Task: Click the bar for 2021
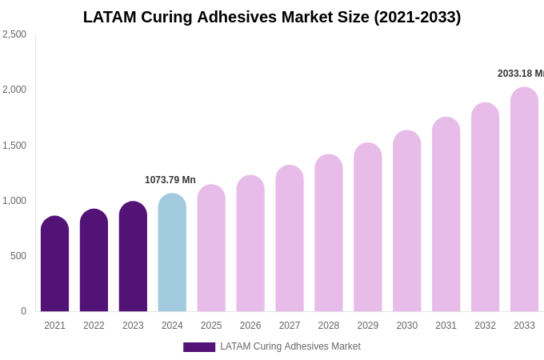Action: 54,264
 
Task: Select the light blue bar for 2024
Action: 172,253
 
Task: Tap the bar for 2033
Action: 524,200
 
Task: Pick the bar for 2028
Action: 328,234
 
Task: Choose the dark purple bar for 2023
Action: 133,257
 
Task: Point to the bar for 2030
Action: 406,222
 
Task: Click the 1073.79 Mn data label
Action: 170,180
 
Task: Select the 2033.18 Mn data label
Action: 520,74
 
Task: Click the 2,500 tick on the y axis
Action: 14,34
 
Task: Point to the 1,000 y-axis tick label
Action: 14,201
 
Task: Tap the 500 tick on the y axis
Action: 18,256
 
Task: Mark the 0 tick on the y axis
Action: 23,311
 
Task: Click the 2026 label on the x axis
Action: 250,326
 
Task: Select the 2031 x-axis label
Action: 446,326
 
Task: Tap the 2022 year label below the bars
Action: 94,326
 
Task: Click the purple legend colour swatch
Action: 198,347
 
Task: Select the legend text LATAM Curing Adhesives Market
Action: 290,346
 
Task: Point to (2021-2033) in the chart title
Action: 418,17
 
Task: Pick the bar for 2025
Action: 211,249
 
